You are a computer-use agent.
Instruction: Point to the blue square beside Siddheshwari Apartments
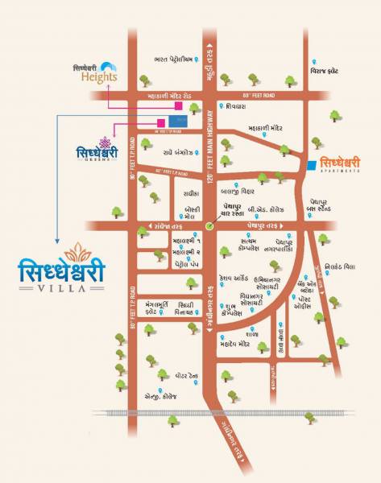click(311, 165)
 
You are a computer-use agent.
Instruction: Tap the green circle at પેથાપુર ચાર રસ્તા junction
click(209, 226)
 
